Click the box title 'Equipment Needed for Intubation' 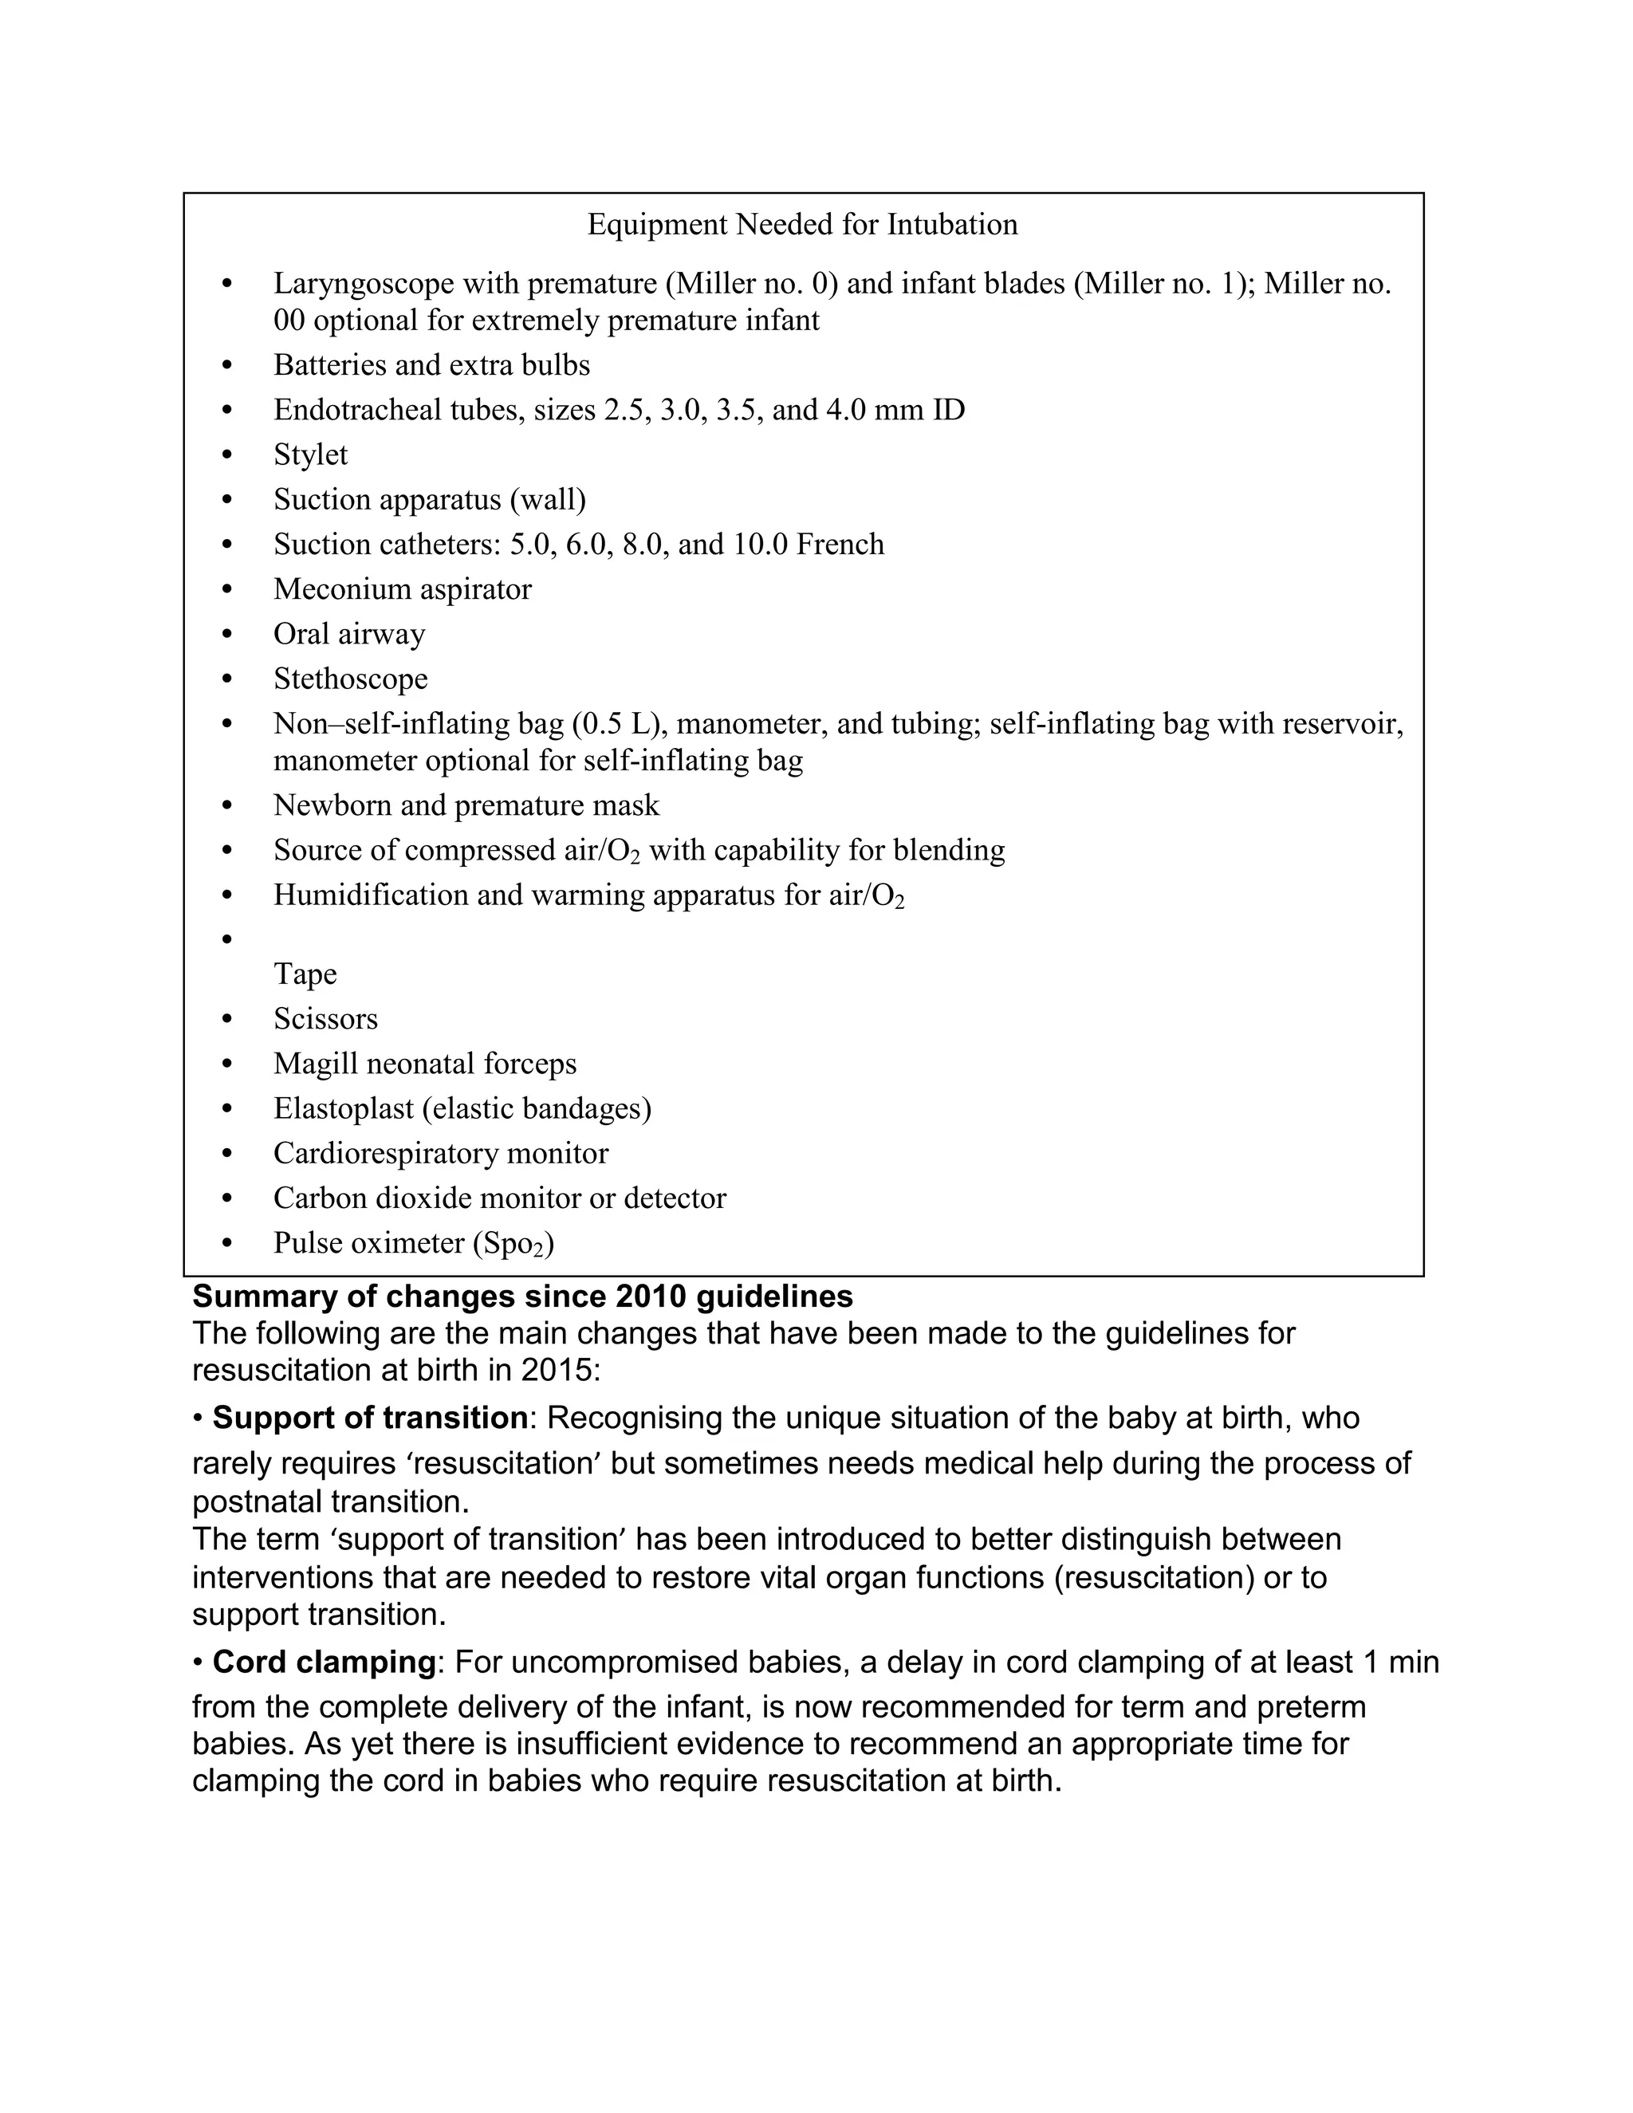[x=802, y=225]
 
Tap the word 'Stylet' [x=310, y=454]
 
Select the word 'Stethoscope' [x=350, y=679]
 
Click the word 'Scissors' [x=325, y=1019]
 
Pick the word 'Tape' [x=305, y=974]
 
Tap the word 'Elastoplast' [x=344, y=1109]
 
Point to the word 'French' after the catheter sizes [x=840, y=545]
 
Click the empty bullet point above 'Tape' [x=227, y=939]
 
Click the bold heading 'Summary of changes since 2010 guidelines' [x=522, y=1297]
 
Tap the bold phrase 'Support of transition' [x=369, y=1419]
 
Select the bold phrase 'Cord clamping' [x=324, y=1662]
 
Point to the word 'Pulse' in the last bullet [x=308, y=1243]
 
